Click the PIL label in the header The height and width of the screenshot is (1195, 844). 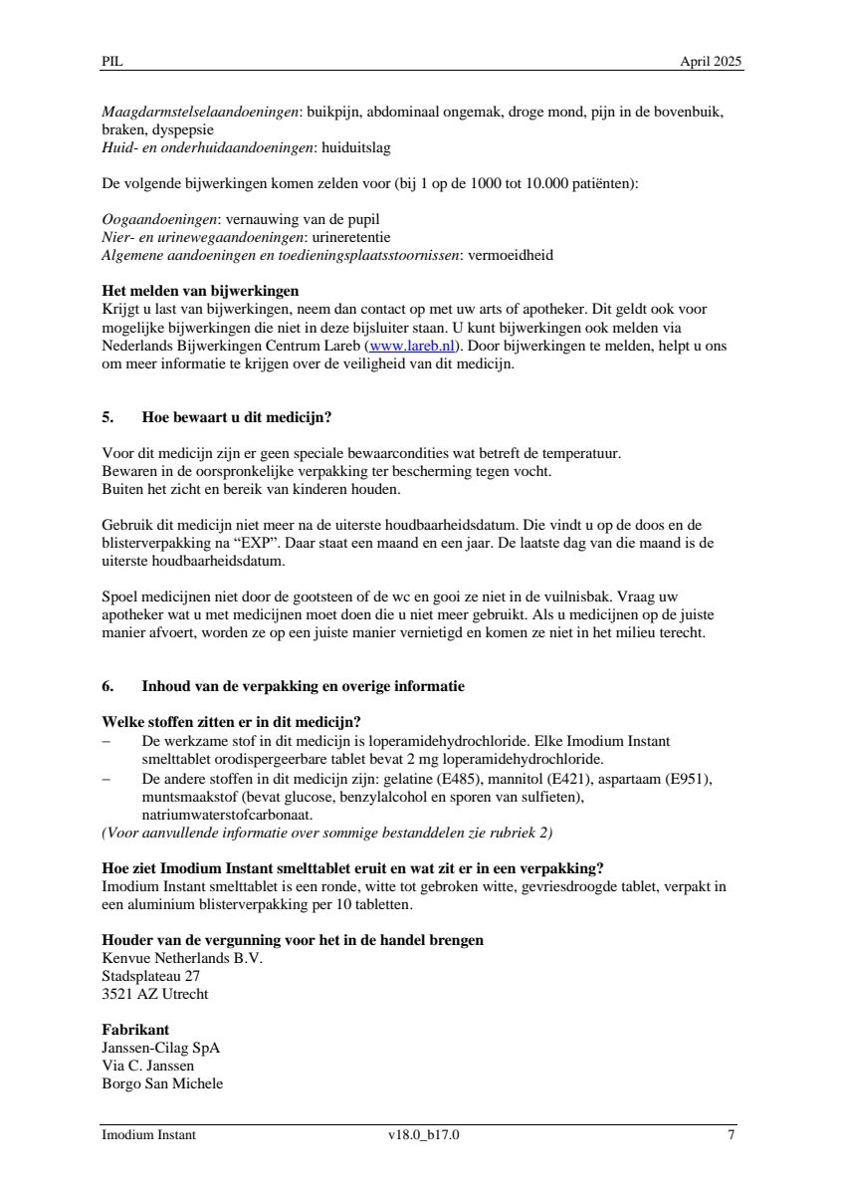pyautogui.click(x=111, y=62)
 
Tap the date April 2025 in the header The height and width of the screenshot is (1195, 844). pyautogui.click(x=711, y=62)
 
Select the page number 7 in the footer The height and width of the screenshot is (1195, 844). pyautogui.click(x=732, y=1134)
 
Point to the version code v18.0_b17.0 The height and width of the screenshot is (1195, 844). pyautogui.click(x=424, y=1134)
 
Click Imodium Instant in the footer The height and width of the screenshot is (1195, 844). pyautogui.click(x=149, y=1134)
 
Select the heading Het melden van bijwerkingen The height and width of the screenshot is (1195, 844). pyautogui.click(x=200, y=292)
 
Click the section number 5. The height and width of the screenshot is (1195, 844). pyautogui.click(x=107, y=417)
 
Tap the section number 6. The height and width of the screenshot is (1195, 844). pyautogui.click(x=107, y=686)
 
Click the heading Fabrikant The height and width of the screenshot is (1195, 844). pyautogui.click(x=135, y=1030)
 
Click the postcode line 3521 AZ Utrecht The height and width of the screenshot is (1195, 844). pyautogui.click(x=155, y=994)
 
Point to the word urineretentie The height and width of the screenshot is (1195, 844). pyautogui.click(x=354, y=237)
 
